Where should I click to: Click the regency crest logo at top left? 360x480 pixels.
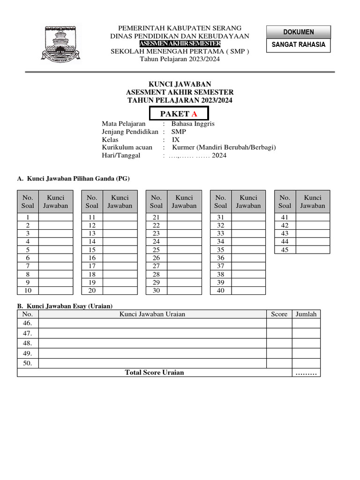(x=62, y=43)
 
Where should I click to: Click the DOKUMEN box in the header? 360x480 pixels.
(x=299, y=32)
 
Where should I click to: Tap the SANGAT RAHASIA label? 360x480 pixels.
(x=299, y=45)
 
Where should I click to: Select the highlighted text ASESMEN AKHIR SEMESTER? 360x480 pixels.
(x=180, y=44)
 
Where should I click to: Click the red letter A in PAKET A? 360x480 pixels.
(x=194, y=114)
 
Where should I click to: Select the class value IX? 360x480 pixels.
(x=175, y=140)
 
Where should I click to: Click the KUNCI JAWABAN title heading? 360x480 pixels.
(x=180, y=84)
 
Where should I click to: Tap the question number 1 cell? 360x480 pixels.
(x=28, y=217)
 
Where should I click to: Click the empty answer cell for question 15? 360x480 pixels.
(x=120, y=250)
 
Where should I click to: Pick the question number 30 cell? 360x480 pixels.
(x=156, y=291)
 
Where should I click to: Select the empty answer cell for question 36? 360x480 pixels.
(x=248, y=258)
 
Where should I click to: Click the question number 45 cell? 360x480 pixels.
(x=285, y=250)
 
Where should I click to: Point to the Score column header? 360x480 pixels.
(x=279, y=314)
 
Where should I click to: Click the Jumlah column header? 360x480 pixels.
(x=306, y=314)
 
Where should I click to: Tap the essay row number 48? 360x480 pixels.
(x=28, y=343)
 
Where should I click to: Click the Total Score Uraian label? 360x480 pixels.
(x=154, y=373)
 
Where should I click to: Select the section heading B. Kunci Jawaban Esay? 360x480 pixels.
(x=65, y=306)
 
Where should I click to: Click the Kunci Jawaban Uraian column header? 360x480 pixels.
(x=152, y=314)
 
